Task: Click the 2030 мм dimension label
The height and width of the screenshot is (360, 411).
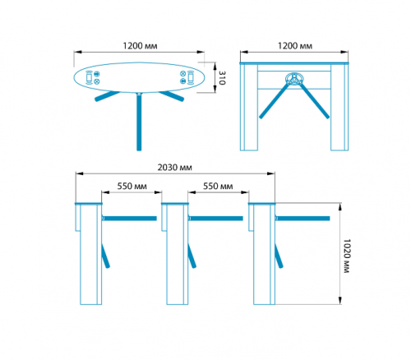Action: [174, 168]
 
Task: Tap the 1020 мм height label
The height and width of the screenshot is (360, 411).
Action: [347, 256]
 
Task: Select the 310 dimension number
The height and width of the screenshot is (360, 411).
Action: [222, 78]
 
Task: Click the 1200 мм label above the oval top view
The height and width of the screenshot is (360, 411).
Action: [140, 46]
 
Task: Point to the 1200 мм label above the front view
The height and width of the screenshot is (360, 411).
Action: [295, 46]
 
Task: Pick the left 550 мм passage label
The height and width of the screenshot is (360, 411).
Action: [132, 187]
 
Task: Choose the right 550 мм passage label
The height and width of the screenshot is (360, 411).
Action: [218, 187]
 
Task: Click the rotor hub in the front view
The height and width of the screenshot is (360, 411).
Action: [293, 79]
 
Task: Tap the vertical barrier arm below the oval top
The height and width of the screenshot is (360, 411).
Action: [139, 122]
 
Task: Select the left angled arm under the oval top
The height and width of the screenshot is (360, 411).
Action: [107, 96]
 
